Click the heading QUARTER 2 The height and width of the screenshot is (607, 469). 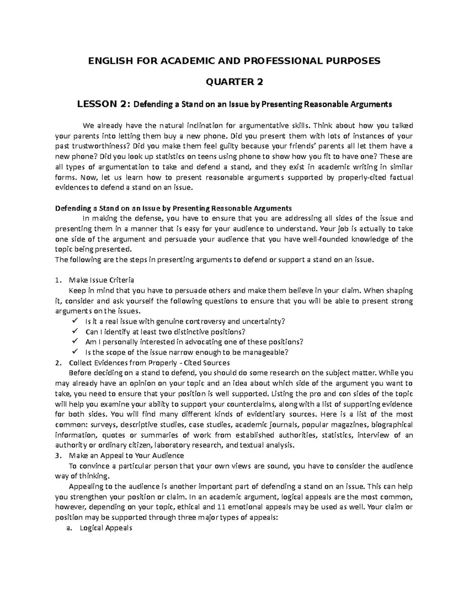click(234, 82)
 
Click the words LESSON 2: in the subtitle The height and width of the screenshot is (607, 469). click(105, 104)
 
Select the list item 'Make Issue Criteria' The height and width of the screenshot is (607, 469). click(101, 280)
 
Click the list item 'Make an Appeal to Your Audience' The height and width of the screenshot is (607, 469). click(126, 455)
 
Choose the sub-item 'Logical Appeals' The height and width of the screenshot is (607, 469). click(106, 528)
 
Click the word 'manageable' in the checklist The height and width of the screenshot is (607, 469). click(268, 352)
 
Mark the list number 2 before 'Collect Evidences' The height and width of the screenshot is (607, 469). click(58, 362)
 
